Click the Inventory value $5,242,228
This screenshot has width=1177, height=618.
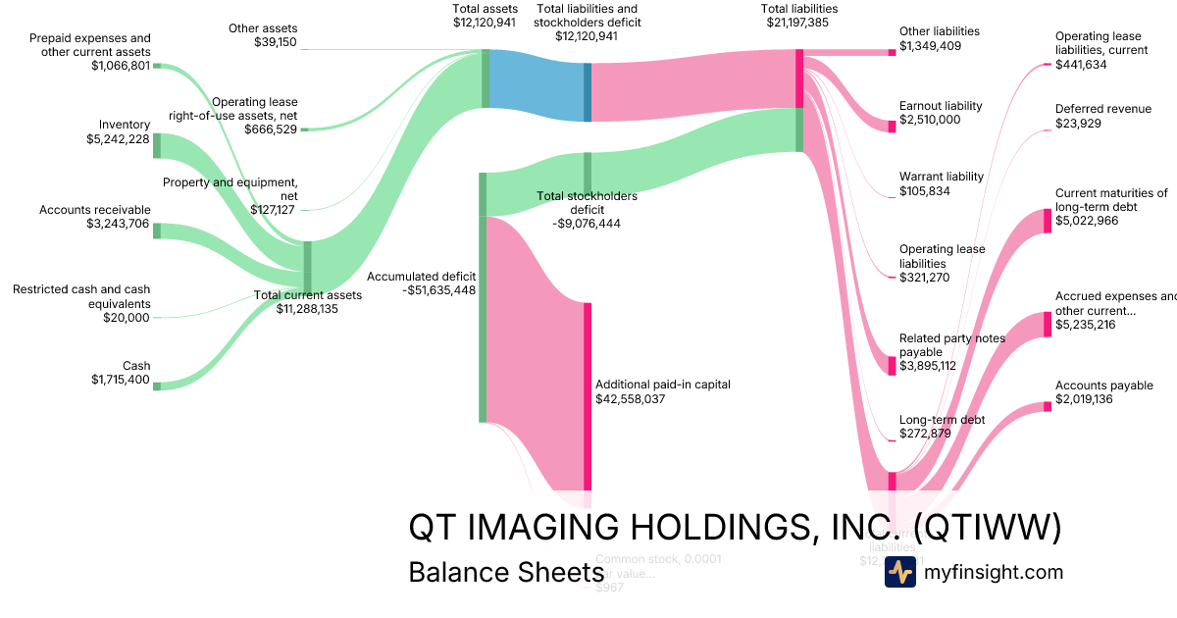[118, 139]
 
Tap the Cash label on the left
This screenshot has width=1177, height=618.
[136, 366]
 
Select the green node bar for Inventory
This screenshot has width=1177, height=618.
[156, 145]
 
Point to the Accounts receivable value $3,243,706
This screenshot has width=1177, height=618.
[118, 224]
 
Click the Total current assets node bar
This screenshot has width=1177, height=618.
[307, 268]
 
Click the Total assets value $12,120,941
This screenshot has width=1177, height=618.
[485, 22]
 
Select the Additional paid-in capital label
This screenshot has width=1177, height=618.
[662, 385]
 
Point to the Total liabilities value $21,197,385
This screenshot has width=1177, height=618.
[799, 22]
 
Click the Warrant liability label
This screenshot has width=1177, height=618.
[941, 177]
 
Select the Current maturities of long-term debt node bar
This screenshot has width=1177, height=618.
[1047, 221]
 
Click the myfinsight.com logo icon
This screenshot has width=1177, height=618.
[899, 572]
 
